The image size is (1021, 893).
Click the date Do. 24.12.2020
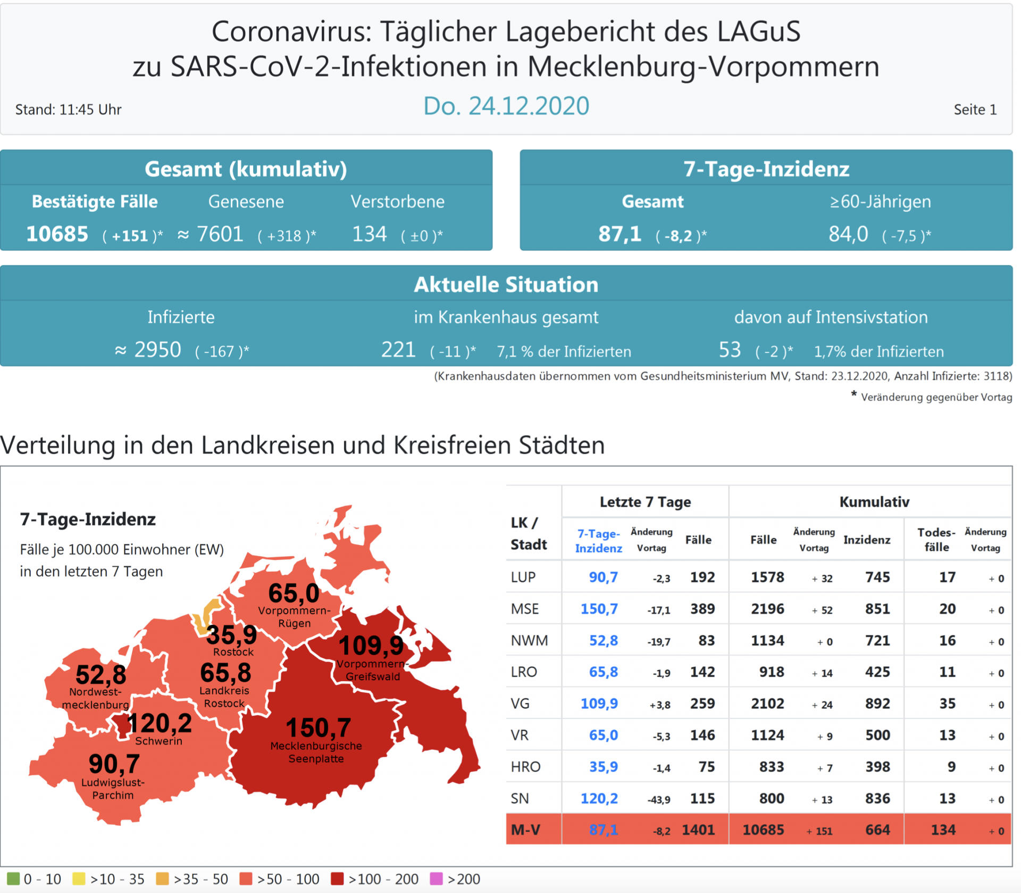pos(506,106)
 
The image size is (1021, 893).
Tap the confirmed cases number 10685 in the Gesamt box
pos(57,234)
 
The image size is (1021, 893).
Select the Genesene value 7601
pos(220,234)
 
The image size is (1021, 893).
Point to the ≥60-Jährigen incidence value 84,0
pos(848,234)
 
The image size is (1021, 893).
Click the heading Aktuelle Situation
pos(506,285)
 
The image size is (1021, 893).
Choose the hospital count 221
pos(398,350)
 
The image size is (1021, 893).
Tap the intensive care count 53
pos(730,350)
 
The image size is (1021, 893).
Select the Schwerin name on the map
pos(158,741)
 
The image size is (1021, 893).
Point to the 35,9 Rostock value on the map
pos(231,634)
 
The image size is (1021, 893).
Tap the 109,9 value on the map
pos(371,646)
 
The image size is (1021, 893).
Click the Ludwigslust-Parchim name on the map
pos(113,789)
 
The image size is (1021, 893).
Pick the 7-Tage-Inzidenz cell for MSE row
pos(599,609)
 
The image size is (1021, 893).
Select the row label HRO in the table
pos(525,767)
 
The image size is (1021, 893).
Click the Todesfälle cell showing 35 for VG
pos(947,704)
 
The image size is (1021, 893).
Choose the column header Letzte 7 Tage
pos(645,502)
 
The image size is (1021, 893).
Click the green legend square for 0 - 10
pos(13,879)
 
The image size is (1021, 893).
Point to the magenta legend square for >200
pos(436,879)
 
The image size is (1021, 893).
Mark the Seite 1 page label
pos(975,110)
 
